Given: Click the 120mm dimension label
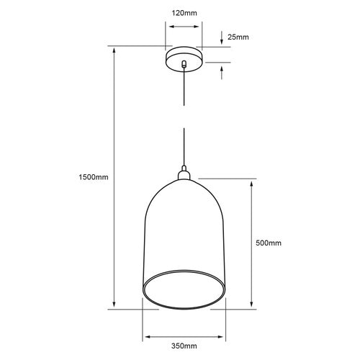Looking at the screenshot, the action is (184, 13).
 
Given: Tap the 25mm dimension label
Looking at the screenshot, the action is (238, 37).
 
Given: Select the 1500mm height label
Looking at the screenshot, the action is (94, 177).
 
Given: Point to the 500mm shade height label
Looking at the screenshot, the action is (269, 243).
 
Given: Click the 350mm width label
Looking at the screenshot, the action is (184, 346).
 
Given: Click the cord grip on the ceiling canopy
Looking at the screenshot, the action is (184, 63).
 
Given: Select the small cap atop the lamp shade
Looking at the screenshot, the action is (184, 173).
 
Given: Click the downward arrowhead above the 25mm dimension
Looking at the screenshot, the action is (222, 42).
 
